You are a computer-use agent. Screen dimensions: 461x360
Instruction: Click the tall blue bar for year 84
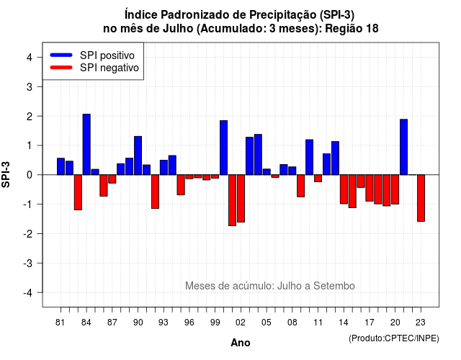point(86,144)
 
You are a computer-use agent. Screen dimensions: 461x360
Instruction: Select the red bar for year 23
point(421,198)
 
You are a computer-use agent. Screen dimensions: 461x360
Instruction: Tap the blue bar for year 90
point(138,156)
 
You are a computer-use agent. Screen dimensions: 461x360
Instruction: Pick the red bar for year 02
point(241,199)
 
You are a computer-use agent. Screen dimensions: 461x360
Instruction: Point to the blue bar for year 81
point(61,166)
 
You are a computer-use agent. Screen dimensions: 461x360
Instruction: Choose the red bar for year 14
point(344,189)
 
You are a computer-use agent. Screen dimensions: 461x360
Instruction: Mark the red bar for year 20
point(395,189)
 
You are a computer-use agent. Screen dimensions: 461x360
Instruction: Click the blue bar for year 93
point(164,168)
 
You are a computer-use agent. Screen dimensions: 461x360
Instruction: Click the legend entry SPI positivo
point(92,55)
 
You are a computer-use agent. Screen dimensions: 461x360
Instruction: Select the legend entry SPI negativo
point(94,68)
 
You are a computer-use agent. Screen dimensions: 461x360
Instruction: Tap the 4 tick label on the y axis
point(30,58)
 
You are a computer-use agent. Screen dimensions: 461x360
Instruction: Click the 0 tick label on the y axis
point(30,175)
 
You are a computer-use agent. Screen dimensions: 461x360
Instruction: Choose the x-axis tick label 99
point(215,323)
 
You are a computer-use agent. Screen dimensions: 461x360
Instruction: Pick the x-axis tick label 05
point(267,323)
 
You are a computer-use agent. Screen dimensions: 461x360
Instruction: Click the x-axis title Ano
point(241,343)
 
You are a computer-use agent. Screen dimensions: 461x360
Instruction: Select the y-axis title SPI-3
point(6,174)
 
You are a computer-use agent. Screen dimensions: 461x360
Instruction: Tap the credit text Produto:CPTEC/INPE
point(394,338)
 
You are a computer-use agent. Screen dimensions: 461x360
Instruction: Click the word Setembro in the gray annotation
point(334,286)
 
